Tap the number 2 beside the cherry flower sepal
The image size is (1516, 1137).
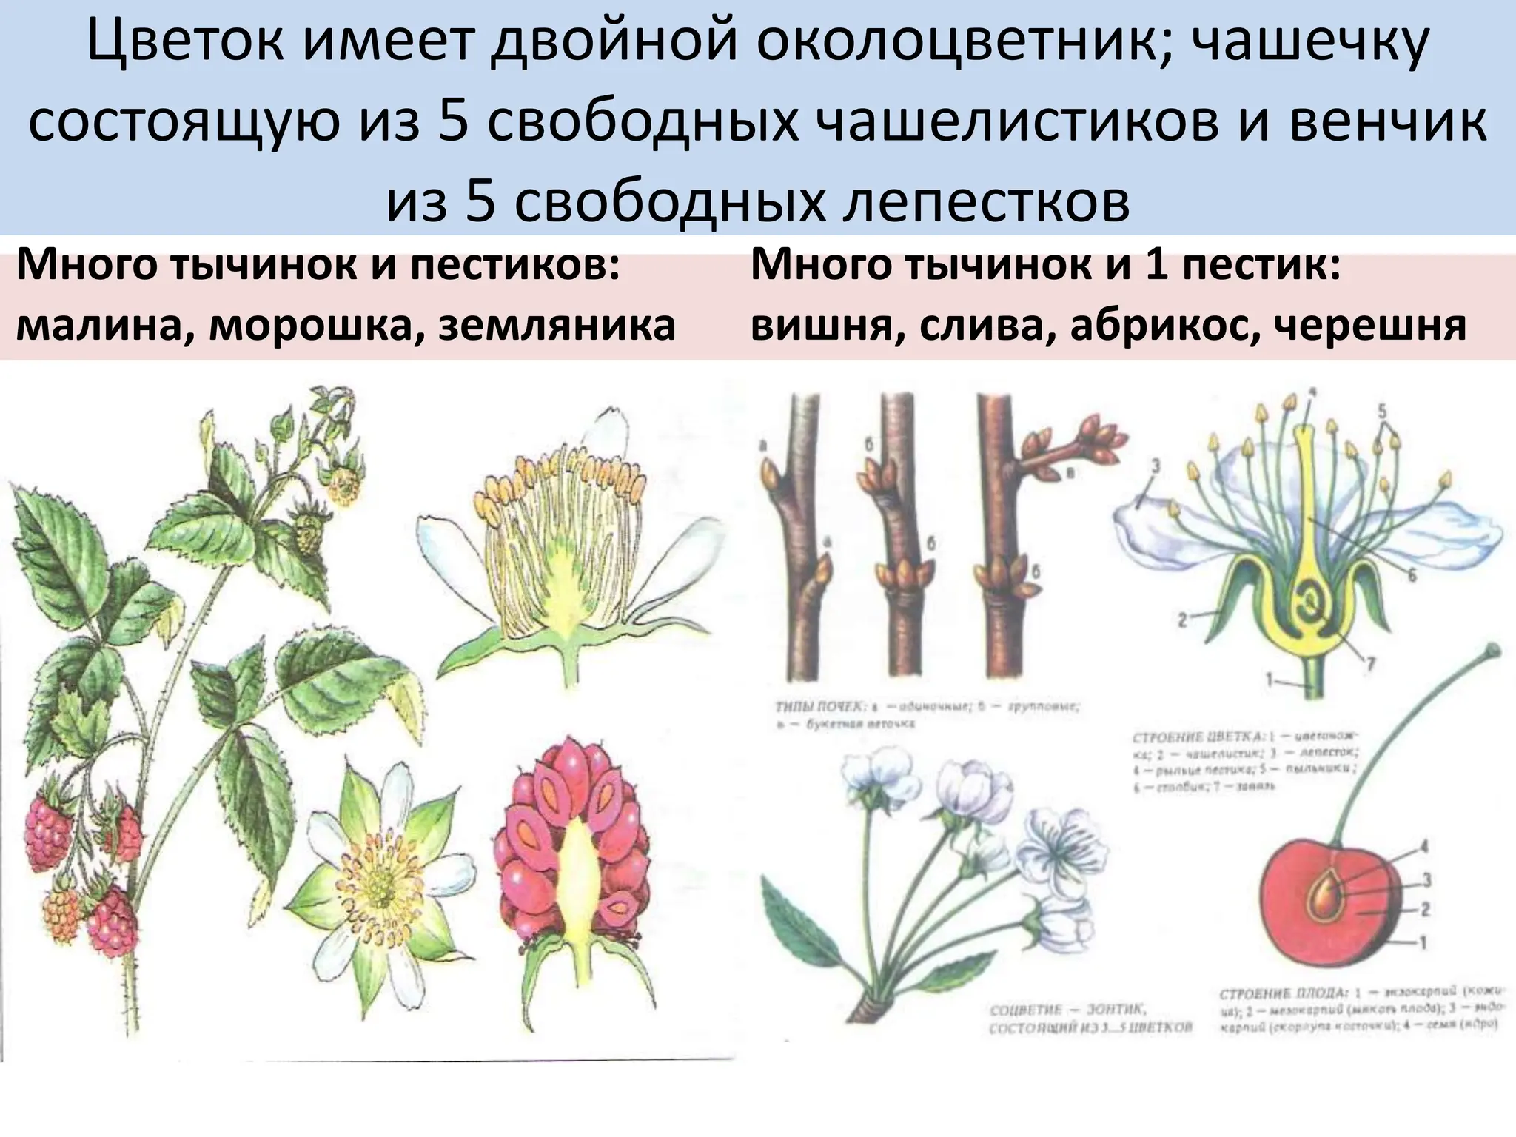[1183, 619]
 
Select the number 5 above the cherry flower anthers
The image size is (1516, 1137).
[1381, 409]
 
